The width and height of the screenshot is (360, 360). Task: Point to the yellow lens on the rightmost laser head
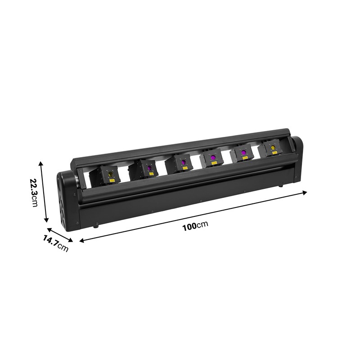[273, 148]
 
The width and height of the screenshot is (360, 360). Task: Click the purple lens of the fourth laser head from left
[213, 157]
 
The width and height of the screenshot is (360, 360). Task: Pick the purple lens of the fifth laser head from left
[243, 153]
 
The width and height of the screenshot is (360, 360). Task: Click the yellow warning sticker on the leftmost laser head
[112, 180]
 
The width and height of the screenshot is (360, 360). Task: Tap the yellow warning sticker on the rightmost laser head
[274, 153]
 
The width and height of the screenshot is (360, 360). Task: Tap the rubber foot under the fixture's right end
[280, 185]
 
